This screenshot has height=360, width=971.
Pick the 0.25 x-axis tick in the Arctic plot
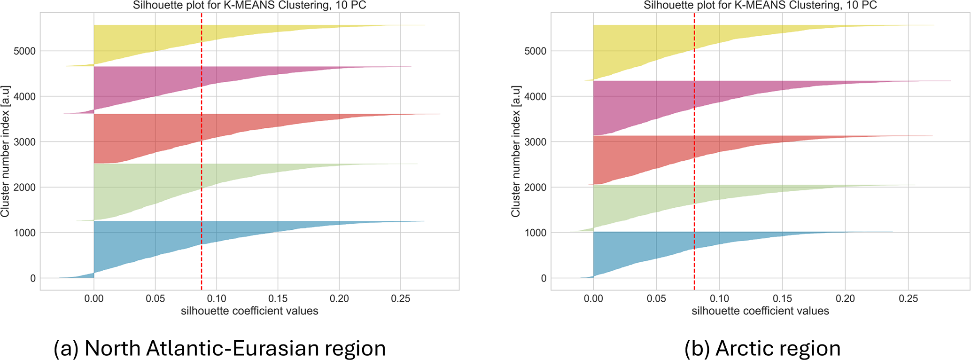click(908, 298)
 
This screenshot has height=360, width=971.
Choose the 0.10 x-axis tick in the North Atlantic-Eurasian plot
click(217, 298)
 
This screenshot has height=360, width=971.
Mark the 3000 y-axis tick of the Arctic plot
click(535, 142)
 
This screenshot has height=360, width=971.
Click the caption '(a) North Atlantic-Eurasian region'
click(219, 348)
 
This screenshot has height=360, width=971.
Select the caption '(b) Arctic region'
click(762, 348)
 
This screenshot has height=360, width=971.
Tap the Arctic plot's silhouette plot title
click(760, 6)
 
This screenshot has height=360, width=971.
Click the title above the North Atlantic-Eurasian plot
click(249, 6)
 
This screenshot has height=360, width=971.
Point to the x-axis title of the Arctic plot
click(760, 311)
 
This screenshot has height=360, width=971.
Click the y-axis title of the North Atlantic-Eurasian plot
click(6, 151)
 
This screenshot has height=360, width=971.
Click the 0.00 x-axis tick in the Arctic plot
click(593, 298)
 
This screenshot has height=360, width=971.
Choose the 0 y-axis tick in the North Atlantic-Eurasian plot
click(32, 279)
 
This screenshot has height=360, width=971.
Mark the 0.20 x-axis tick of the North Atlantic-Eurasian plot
click(339, 298)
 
